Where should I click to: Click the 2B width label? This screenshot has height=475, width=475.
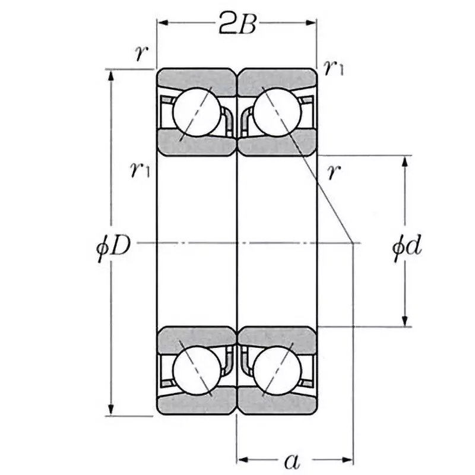[237, 24]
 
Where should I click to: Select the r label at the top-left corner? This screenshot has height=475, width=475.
[140, 53]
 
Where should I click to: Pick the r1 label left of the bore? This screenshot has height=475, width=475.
[140, 170]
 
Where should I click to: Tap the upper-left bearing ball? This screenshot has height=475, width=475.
[197, 112]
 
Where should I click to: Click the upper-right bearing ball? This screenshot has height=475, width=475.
[277, 112]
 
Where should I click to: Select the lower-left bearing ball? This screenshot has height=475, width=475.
[197, 371]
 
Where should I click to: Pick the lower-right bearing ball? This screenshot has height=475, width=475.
[277, 371]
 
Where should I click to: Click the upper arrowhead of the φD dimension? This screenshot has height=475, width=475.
[111, 74]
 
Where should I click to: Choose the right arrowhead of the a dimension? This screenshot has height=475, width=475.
[349, 459]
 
